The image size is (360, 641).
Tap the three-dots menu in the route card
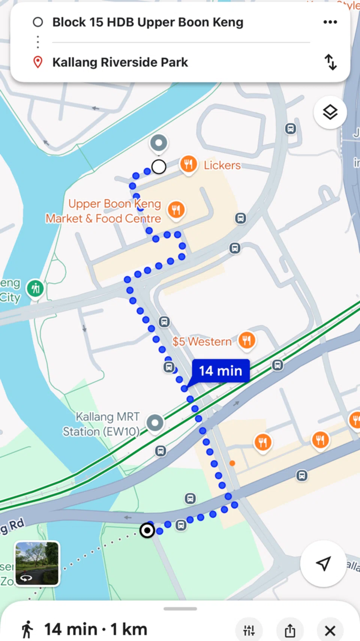(330, 22)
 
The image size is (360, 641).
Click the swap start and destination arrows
(330, 62)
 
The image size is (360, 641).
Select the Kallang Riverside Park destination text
(120, 62)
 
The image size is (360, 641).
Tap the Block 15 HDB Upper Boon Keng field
(148, 22)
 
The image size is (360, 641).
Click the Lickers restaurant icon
(189, 164)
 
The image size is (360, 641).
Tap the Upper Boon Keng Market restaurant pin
(176, 210)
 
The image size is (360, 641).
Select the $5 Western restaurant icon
(247, 340)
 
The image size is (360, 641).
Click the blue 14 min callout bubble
(220, 371)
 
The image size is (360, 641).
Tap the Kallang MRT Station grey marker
(155, 423)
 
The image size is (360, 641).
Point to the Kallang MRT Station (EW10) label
(101, 424)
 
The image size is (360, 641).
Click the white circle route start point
(159, 167)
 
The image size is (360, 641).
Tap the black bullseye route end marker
(147, 530)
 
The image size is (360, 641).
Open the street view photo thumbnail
(37, 563)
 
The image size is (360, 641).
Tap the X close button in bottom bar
(330, 631)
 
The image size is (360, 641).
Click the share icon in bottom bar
(290, 631)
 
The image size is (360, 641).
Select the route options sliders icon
(249, 631)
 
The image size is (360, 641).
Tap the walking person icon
(27, 629)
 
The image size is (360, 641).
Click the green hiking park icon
(36, 289)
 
